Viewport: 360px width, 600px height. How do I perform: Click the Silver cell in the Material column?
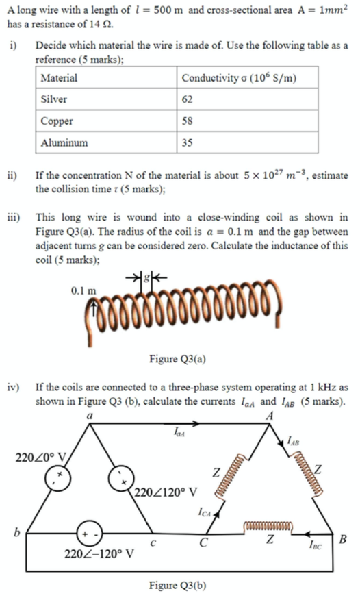[54, 99]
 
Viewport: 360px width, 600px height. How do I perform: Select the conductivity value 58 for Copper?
[188, 121]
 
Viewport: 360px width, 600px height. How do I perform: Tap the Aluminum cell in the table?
[64, 143]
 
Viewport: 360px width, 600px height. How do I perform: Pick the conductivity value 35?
[188, 143]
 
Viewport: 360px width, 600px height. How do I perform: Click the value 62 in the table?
[188, 99]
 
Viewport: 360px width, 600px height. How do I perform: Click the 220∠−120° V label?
[99, 553]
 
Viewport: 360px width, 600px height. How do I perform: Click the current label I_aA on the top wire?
[177, 433]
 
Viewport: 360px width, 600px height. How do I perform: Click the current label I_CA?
[205, 510]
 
